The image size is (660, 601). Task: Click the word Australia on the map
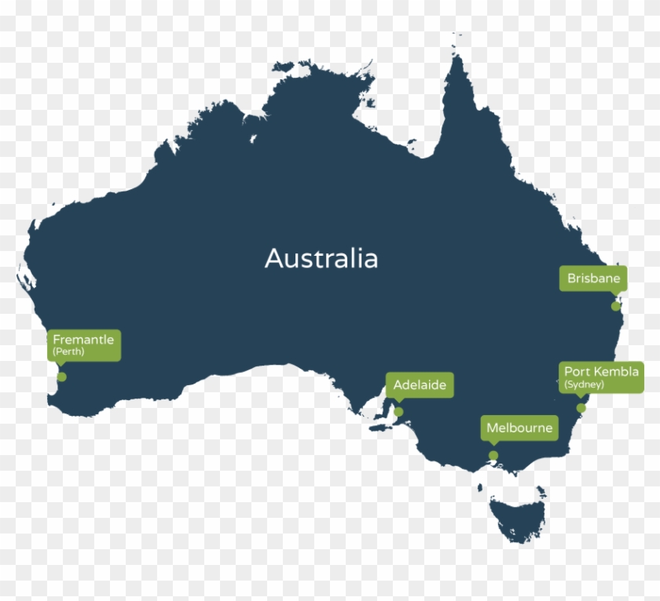321,258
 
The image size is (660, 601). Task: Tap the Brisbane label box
593,279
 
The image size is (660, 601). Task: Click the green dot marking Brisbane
616,306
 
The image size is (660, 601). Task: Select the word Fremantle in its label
83,340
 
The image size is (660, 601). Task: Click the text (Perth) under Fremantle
68,352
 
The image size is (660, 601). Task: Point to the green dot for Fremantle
61,377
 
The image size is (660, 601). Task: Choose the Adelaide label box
420,385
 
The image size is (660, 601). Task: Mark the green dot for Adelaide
398,412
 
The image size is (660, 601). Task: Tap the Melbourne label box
519,428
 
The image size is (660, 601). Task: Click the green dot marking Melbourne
493,456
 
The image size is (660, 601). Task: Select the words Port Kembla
601,371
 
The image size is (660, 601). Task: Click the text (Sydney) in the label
583,384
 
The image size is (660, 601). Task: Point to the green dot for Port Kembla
581,408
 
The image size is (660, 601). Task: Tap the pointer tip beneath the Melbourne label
493,445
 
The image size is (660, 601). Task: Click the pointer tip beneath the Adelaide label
398,401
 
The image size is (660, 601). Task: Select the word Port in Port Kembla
577,371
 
